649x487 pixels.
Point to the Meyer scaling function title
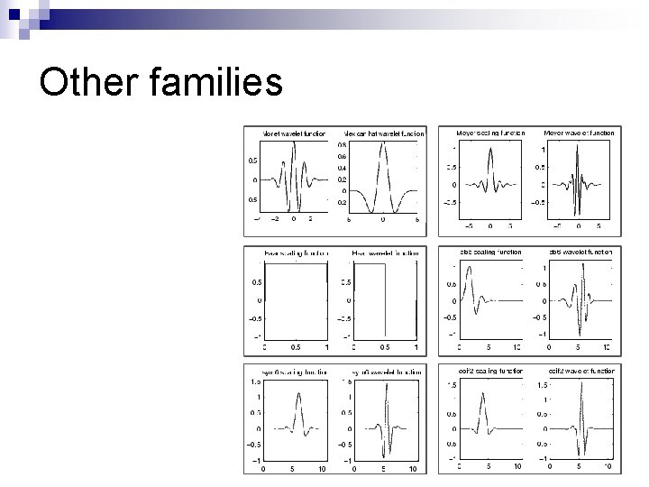(490, 133)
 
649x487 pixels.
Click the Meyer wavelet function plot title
(579, 133)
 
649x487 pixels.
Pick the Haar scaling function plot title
(295, 253)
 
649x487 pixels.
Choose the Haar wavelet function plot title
(385, 253)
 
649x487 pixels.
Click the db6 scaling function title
(490, 253)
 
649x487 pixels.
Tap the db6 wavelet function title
(580, 253)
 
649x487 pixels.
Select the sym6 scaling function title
(295, 372)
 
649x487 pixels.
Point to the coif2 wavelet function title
(580, 372)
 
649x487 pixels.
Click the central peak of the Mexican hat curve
(383, 146)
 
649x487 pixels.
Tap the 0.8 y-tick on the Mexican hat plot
(343, 144)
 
